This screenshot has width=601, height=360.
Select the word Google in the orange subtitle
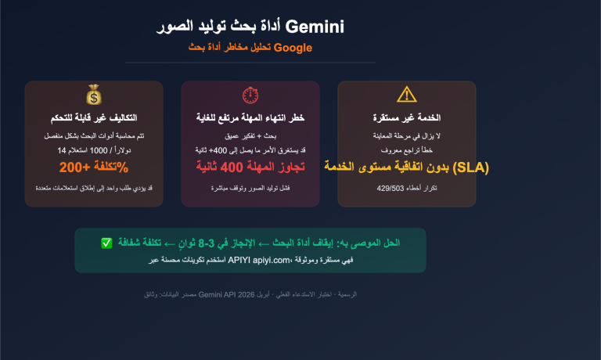tap(293, 48)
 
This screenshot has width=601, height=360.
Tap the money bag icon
tap(94, 95)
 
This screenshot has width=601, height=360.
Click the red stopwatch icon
tap(250, 95)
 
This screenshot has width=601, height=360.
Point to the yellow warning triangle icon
tap(407, 95)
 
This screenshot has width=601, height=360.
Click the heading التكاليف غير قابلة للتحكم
tap(94, 117)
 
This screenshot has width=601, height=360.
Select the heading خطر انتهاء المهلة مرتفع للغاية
tap(250, 117)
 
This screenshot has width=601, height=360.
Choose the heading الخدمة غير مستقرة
tap(407, 117)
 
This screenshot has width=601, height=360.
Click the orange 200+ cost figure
tap(77, 167)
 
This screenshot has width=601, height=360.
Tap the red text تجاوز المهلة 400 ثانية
tap(250, 167)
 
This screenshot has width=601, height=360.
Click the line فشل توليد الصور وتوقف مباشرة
tap(250, 189)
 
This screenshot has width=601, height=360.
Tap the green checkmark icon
tap(106, 243)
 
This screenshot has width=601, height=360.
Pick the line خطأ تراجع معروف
tap(407, 149)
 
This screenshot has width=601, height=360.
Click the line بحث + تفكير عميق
tap(250, 136)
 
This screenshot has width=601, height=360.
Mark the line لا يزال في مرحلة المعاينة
tap(407, 136)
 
